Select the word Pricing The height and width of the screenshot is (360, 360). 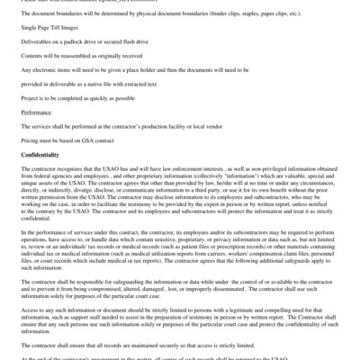[32, 142]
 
